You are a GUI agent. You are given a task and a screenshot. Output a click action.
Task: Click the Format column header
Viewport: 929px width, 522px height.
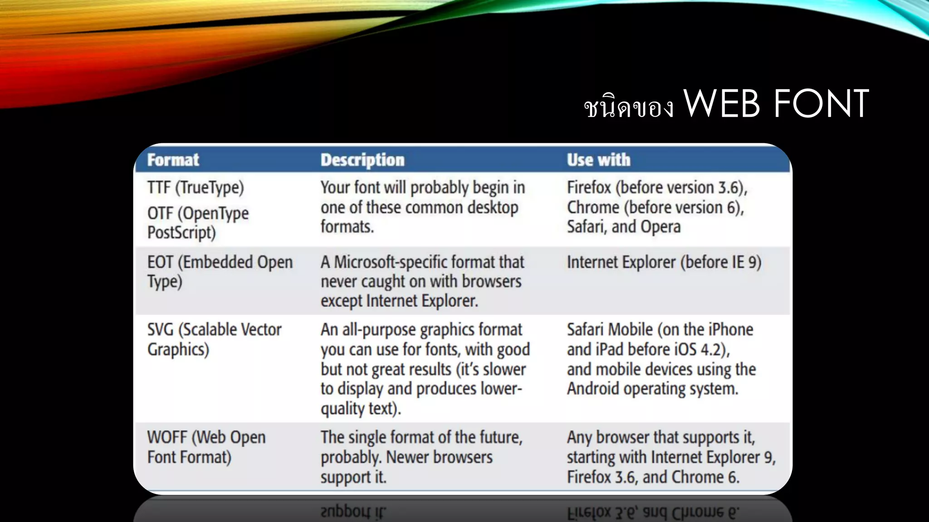pyautogui.click(x=173, y=160)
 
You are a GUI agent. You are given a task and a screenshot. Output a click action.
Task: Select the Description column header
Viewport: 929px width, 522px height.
pyautogui.click(x=362, y=160)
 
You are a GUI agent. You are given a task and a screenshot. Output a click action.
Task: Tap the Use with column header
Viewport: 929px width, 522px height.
pyautogui.click(x=598, y=160)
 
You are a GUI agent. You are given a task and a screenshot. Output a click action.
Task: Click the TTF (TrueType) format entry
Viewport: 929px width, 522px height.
pyautogui.click(x=196, y=188)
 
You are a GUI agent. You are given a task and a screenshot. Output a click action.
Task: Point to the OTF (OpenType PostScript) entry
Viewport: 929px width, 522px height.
pyautogui.click(x=198, y=222)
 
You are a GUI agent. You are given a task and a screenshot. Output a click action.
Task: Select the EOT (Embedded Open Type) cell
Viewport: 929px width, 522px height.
pyautogui.click(x=220, y=271)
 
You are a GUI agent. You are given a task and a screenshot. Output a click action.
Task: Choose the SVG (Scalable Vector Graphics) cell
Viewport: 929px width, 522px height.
pyautogui.click(x=214, y=339)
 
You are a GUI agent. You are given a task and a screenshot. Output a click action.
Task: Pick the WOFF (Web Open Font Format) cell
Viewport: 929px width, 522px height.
pyautogui.click(x=206, y=447)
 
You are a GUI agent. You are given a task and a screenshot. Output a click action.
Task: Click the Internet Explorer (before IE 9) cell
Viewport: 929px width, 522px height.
pyautogui.click(x=664, y=262)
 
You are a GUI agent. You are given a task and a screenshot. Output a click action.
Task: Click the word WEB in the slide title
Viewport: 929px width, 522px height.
pyautogui.click(x=721, y=104)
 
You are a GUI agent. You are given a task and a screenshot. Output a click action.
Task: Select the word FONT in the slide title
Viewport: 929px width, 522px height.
pyautogui.click(x=821, y=104)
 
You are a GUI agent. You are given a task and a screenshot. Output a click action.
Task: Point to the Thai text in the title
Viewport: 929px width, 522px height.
pyautogui.click(x=629, y=107)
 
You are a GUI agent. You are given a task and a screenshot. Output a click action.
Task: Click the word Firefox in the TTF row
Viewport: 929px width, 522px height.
pyautogui.click(x=589, y=188)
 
